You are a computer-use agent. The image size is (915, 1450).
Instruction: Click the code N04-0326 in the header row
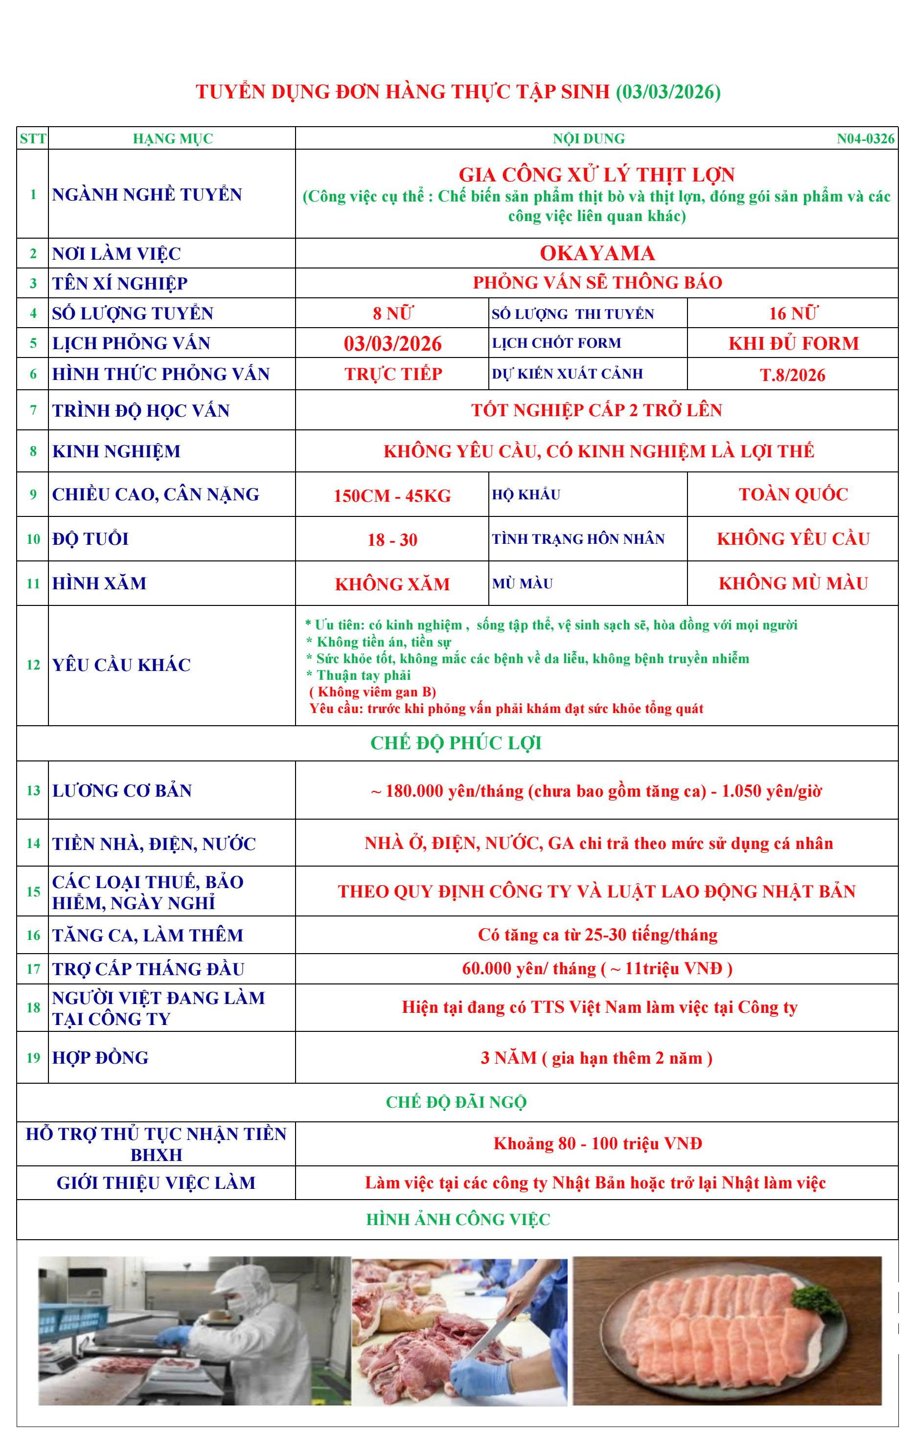click(865, 138)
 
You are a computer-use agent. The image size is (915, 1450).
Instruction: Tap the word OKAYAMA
click(596, 253)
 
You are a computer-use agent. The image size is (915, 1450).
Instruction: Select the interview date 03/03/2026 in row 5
click(392, 343)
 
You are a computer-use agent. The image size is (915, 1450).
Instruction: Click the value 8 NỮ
click(392, 313)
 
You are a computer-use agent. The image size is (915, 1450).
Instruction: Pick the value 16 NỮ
click(792, 313)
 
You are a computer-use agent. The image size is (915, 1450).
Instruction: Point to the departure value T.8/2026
click(792, 375)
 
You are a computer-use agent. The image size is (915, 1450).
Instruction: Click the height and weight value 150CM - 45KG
click(392, 495)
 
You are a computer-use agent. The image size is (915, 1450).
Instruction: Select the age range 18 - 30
click(392, 539)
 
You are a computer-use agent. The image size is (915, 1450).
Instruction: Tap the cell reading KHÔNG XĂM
click(392, 584)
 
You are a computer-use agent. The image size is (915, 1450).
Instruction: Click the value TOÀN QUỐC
click(793, 494)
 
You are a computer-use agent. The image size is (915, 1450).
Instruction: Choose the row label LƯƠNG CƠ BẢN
click(122, 791)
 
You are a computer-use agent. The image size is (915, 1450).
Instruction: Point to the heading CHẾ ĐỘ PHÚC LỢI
click(456, 743)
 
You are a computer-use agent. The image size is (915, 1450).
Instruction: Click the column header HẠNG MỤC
click(172, 138)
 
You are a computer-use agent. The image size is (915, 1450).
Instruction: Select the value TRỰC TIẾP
click(393, 374)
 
